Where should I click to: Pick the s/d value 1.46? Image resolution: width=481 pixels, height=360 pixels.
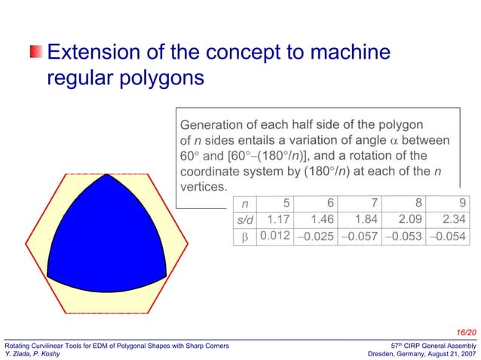coord(320,219)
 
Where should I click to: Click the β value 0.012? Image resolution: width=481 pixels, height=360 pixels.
coord(274,236)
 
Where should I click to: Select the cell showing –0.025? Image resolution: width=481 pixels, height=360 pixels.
coord(317,237)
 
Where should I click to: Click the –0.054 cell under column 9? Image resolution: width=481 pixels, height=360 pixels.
coord(448,237)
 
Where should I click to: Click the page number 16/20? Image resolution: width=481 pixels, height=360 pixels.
coord(466,331)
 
